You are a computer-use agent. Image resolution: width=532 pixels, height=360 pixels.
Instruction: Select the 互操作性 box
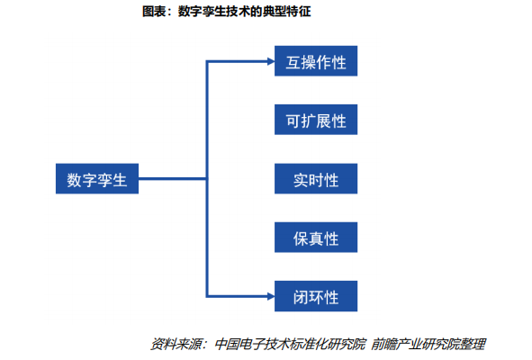coord(316,62)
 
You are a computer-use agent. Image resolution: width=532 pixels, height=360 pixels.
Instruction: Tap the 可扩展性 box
coord(316,120)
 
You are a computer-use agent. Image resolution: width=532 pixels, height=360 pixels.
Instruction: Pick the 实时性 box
coord(316,178)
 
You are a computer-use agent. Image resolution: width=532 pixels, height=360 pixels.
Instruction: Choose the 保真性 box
coord(316,237)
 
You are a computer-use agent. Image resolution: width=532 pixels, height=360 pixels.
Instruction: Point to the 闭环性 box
coord(316,294)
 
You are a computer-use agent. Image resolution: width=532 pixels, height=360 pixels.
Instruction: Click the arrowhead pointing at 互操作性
coord(267,62)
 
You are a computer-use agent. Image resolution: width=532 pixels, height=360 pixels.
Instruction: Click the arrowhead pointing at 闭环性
coord(267,294)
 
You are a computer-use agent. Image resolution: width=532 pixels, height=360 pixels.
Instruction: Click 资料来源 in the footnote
coord(176,344)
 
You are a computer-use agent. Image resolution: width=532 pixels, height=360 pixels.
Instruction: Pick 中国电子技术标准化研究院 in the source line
coord(290,344)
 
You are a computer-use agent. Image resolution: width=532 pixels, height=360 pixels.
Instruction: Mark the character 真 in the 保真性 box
coord(316,237)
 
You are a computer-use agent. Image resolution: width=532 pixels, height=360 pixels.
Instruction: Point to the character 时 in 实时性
coord(316,178)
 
